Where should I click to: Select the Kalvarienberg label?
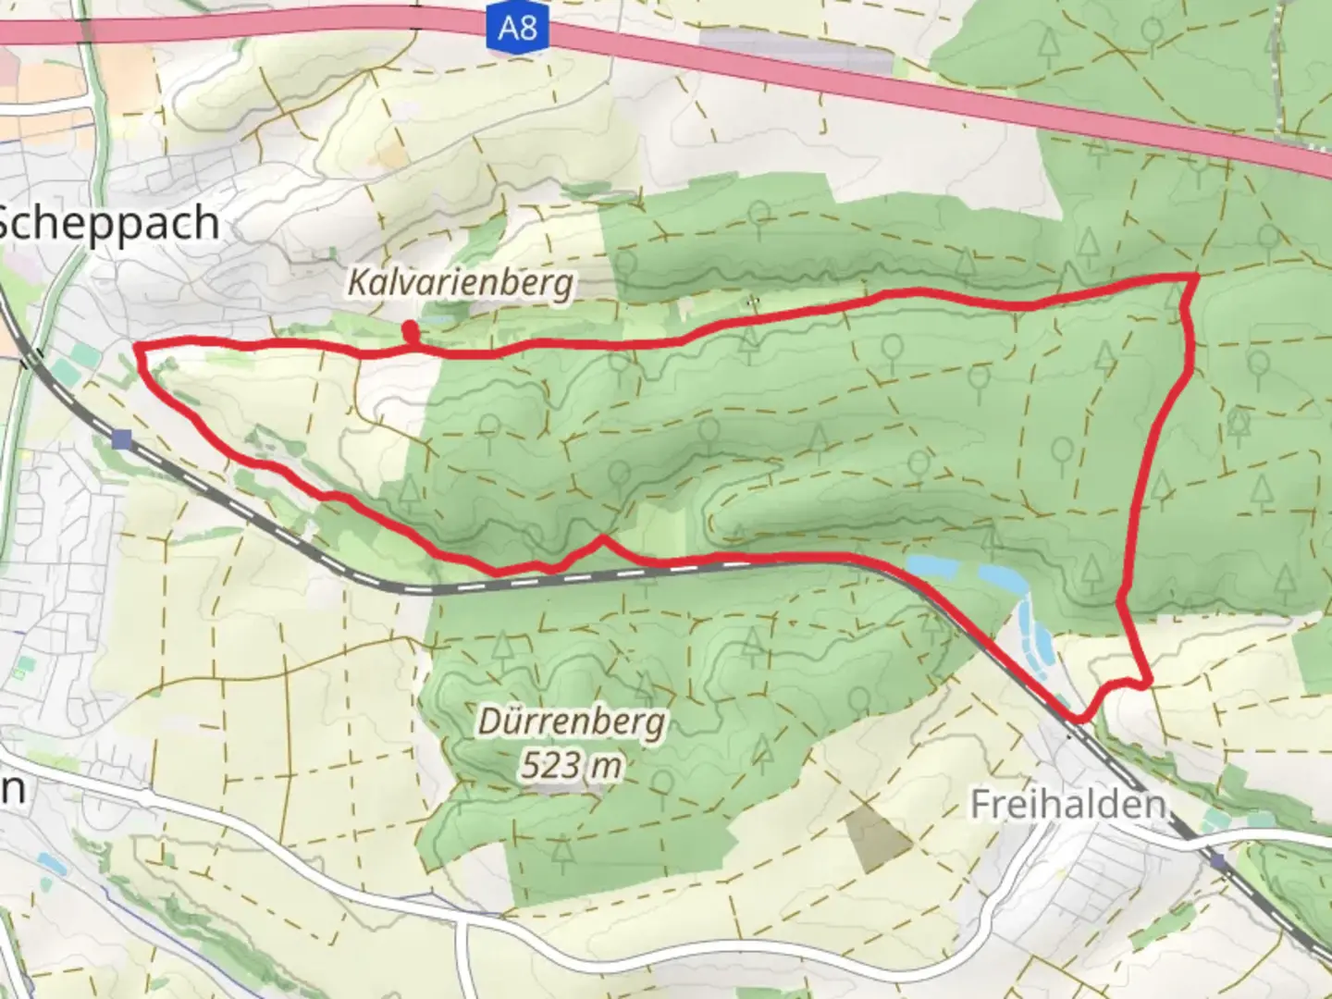(x=461, y=282)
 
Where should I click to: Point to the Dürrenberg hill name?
(x=572, y=721)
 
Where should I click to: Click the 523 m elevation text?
(x=571, y=765)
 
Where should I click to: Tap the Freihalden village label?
(x=1067, y=804)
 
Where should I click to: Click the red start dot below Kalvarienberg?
(x=409, y=328)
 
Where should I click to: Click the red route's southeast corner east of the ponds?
(x=1148, y=684)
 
